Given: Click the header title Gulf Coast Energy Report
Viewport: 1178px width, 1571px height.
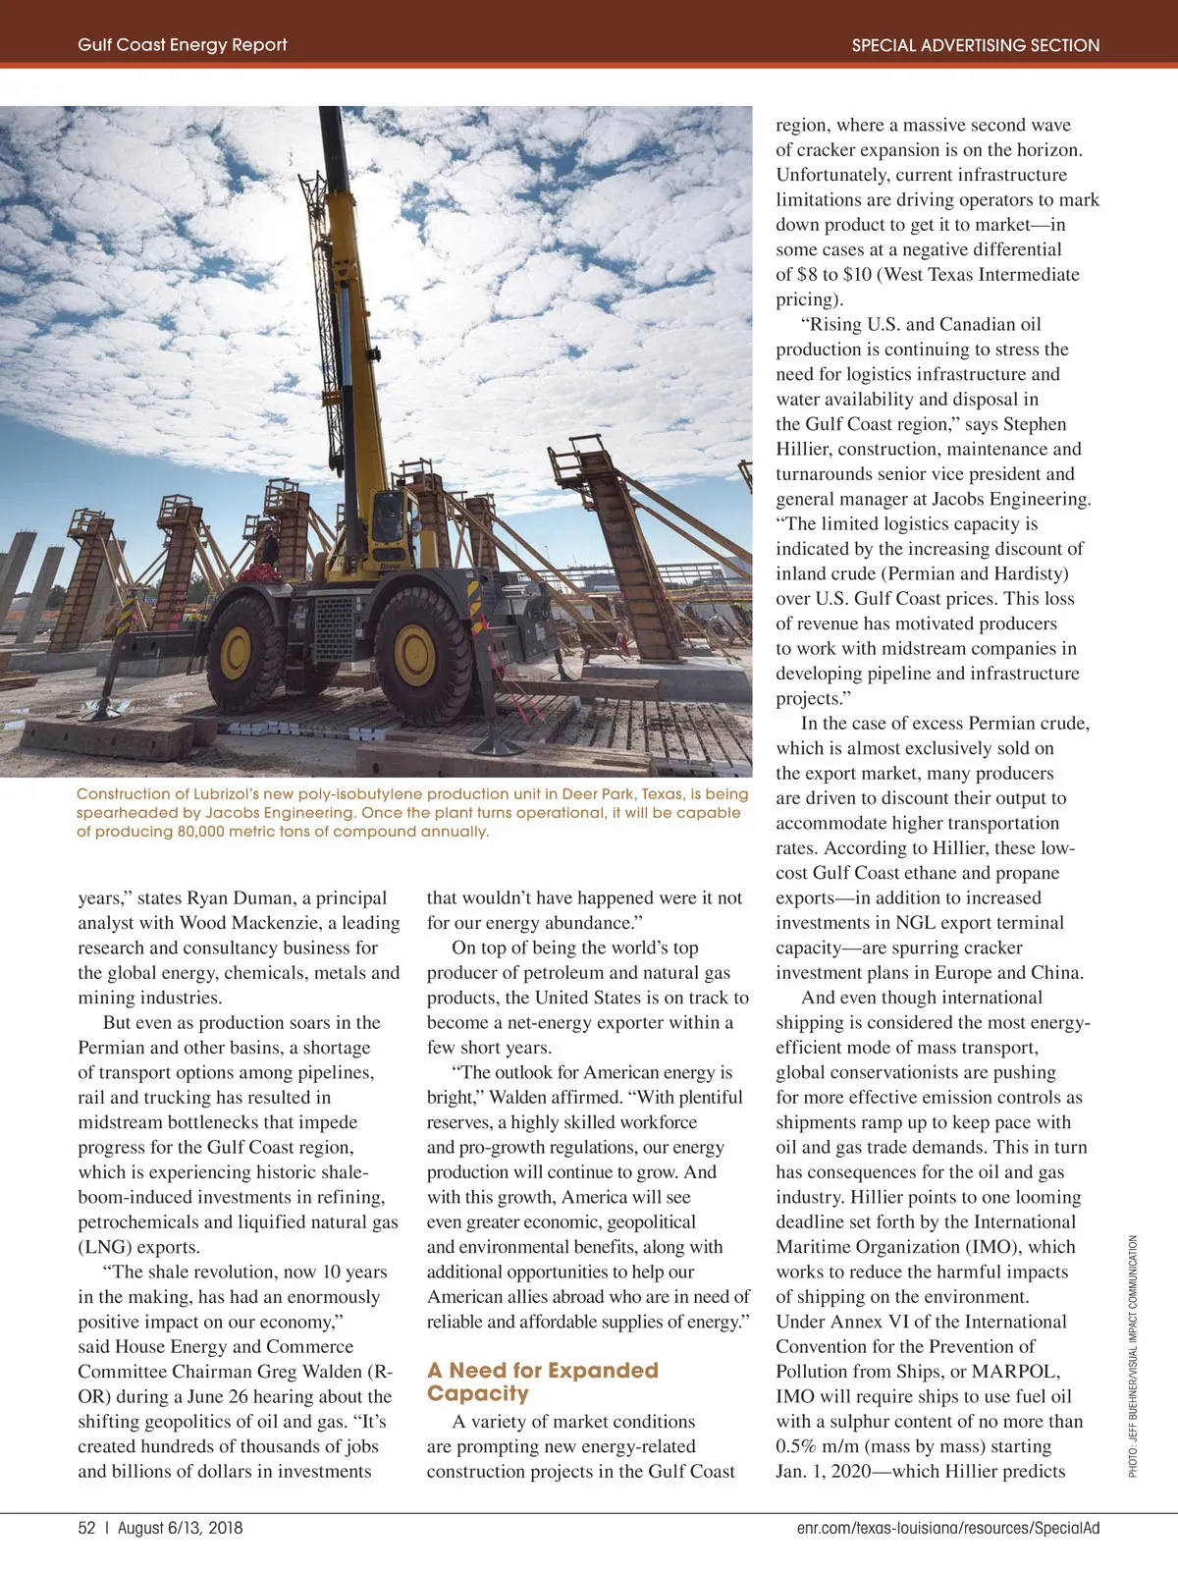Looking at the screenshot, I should point(183,45).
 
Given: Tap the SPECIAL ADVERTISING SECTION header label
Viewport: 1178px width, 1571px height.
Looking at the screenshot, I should point(975,45).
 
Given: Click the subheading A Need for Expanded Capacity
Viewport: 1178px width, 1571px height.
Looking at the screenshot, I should point(542,1381).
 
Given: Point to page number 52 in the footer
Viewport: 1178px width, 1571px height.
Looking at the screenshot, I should point(86,1528).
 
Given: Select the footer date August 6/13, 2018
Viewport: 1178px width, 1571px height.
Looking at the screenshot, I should point(180,1528).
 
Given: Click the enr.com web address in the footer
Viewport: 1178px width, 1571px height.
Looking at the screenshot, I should point(948,1528).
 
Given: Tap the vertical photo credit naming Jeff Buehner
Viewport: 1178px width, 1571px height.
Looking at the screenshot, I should point(1133,1355).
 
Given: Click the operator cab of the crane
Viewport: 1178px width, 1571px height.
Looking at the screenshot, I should point(391,517).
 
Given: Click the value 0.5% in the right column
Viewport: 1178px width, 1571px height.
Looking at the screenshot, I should point(795,1446).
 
